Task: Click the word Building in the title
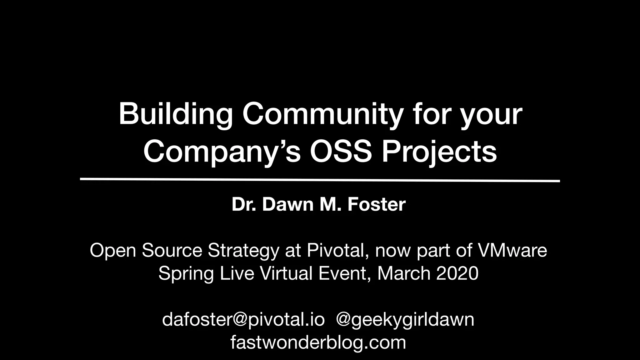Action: [x=175, y=114]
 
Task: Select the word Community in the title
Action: [x=322, y=114]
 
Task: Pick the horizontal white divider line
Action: [x=320, y=180]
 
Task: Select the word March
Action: [x=404, y=273]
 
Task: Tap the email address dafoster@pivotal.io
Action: [x=243, y=319]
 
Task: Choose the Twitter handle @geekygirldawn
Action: [x=405, y=319]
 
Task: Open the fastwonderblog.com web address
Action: [x=318, y=342]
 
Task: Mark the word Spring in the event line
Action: [x=186, y=274]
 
